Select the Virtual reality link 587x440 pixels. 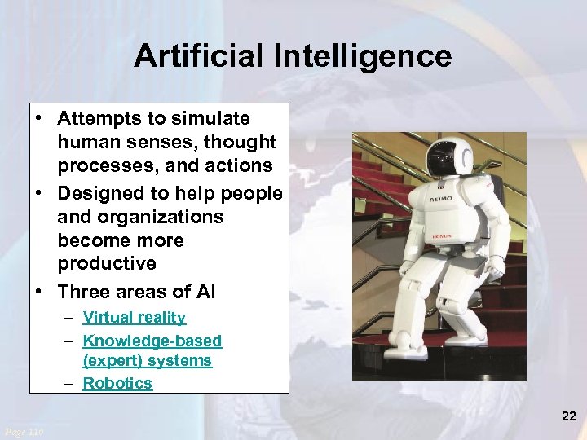point(134,318)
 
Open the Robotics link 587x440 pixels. point(117,383)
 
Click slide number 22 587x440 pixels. point(568,416)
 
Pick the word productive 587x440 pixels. point(107,263)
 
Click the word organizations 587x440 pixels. point(140,217)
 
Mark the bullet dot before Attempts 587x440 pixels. point(38,118)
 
